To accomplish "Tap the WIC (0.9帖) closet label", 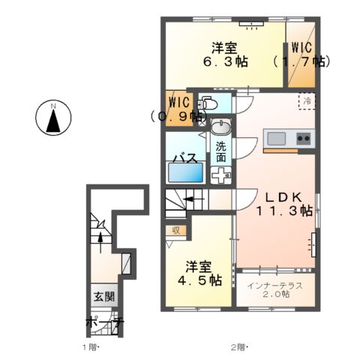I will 178,109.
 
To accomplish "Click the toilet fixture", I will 208,104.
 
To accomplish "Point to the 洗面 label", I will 220,152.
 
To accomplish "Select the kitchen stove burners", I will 304,139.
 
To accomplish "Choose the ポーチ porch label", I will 104,324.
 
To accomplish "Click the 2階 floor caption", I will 238,347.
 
